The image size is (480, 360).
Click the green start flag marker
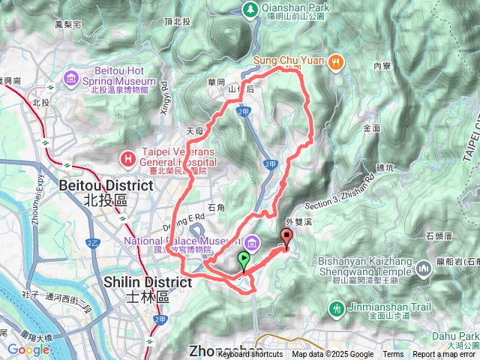[x=244, y=261]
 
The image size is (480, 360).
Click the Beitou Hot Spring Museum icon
[x=71, y=77]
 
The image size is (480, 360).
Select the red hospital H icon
[x=129, y=158]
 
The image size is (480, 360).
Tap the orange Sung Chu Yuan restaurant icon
[x=337, y=62]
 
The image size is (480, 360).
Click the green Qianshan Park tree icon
[x=250, y=9]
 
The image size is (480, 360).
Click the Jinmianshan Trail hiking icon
[x=337, y=307]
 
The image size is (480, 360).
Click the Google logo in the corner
[x=28, y=349]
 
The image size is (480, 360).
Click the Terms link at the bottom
[x=393, y=355]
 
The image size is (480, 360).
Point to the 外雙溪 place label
[x=298, y=223]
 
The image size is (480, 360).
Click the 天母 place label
[x=194, y=130]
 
